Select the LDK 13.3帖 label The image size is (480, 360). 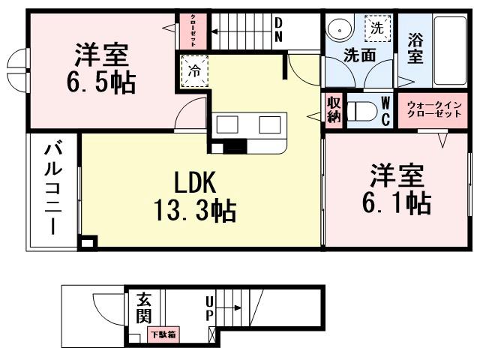[x=196, y=196]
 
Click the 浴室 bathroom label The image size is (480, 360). [x=415, y=46]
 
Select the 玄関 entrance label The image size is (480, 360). [x=144, y=309]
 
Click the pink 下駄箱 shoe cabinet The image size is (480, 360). [x=162, y=334]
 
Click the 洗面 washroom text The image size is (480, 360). [x=359, y=54]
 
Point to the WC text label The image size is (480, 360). [x=385, y=110]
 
